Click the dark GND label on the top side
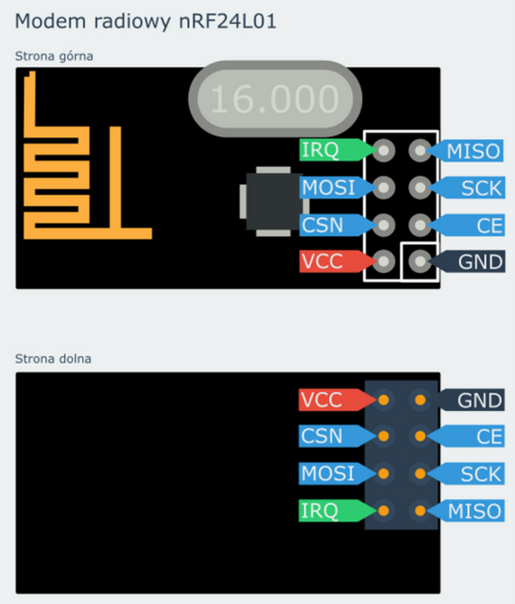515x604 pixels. point(477,262)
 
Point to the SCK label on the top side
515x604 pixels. point(477,188)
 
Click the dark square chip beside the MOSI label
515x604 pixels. point(271,201)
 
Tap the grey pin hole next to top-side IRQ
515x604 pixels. point(384,150)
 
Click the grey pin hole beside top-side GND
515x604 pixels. point(420,261)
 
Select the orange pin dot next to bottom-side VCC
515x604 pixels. point(384,400)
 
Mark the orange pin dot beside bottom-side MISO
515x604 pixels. point(420,510)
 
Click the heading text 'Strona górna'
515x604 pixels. point(54,55)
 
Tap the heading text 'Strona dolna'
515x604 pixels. point(53,359)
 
